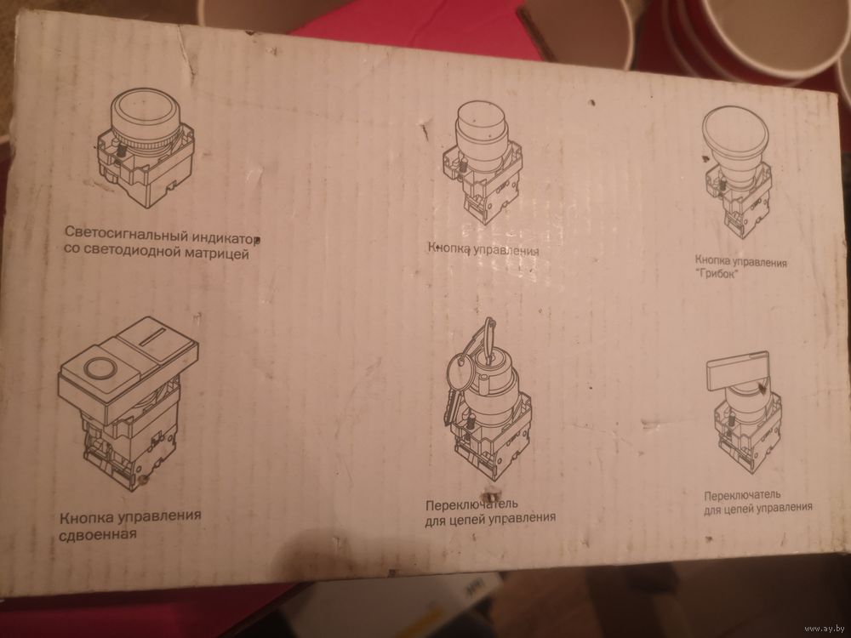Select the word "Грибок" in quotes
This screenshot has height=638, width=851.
click(x=717, y=274)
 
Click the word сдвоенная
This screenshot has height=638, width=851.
click(x=98, y=535)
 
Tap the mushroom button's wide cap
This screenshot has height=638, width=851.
click(x=735, y=129)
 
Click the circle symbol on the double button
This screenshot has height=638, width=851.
click(x=100, y=368)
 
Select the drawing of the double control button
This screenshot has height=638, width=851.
click(x=129, y=402)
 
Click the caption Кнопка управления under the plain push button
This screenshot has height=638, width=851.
click(x=483, y=249)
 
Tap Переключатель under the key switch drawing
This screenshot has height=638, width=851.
click(x=471, y=504)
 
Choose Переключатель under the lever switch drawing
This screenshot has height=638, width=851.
click(x=742, y=495)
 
